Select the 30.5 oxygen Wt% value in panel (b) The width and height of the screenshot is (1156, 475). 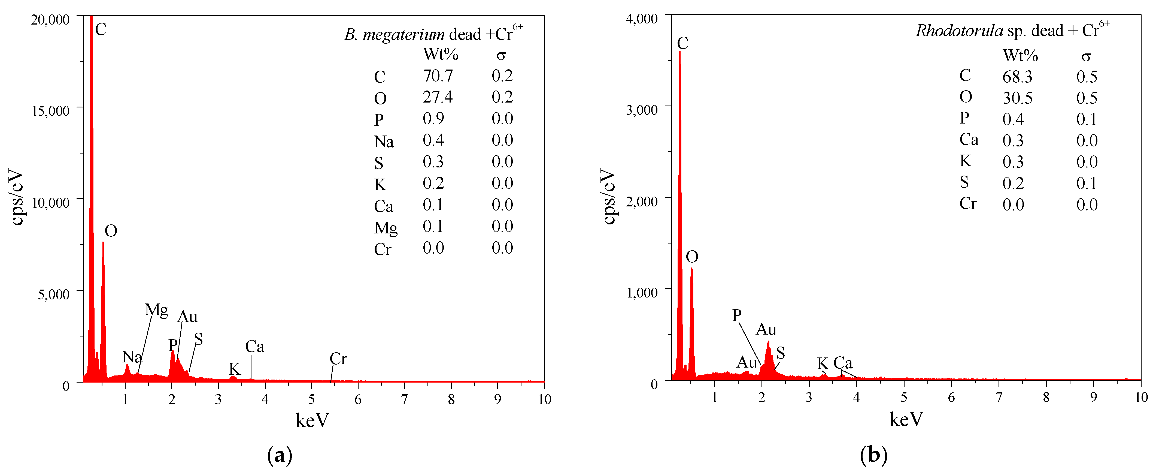1017,98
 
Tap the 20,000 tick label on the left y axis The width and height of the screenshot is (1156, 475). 50,20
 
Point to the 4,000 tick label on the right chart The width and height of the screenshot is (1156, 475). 641,19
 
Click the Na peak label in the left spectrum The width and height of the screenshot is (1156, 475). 132,357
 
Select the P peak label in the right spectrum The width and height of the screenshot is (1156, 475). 736,315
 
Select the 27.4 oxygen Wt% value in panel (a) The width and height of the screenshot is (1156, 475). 438,97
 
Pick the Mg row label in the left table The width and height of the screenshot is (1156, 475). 386,228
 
